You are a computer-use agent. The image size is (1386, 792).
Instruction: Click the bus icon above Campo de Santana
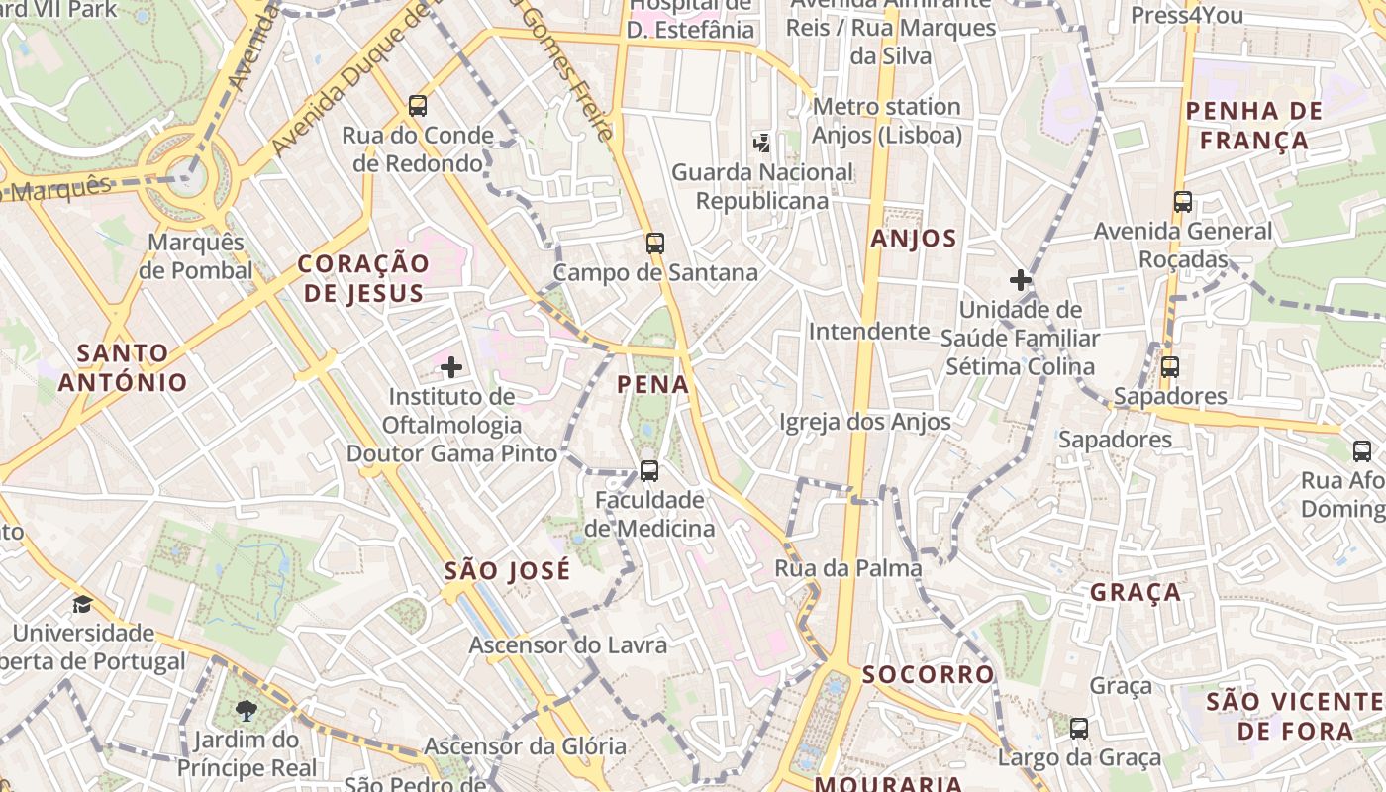point(654,243)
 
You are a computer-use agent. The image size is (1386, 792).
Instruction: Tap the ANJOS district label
point(914,239)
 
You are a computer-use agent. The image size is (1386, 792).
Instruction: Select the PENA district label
point(652,384)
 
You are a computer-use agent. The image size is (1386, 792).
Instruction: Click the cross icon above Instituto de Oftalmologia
point(451,368)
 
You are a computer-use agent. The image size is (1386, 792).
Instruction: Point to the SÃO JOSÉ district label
point(507,570)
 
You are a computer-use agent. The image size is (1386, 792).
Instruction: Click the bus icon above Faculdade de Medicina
point(649,471)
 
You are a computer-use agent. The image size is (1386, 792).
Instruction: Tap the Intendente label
point(869,331)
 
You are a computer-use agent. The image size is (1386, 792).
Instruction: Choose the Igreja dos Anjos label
point(864,422)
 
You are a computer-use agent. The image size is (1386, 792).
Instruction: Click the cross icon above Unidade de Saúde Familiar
point(1021,280)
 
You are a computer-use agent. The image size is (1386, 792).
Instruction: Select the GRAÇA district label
point(1136,592)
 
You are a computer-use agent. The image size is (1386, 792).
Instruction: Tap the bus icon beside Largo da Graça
point(1079,729)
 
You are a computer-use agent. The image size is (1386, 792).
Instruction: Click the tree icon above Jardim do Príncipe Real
point(246,710)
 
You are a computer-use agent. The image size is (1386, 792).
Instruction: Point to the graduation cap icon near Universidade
point(82,604)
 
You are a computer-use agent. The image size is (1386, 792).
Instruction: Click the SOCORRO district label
point(928,674)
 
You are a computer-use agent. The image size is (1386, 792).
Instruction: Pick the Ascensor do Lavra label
point(568,645)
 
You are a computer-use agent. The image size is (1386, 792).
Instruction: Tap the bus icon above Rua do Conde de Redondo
point(418,105)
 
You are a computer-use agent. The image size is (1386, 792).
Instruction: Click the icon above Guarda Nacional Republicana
point(761,143)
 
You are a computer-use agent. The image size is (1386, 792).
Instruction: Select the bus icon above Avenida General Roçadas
point(1182,202)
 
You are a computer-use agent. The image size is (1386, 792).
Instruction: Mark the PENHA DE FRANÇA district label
point(1254,125)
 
